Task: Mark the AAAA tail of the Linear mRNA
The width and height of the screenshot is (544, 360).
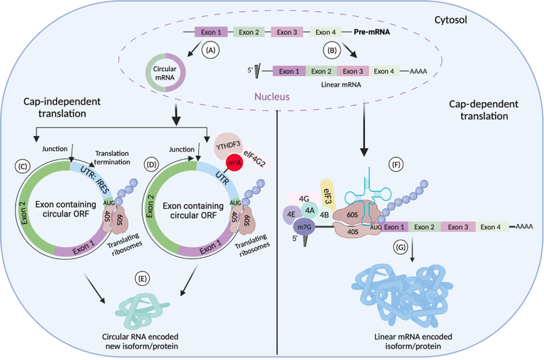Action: click(x=424, y=70)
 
